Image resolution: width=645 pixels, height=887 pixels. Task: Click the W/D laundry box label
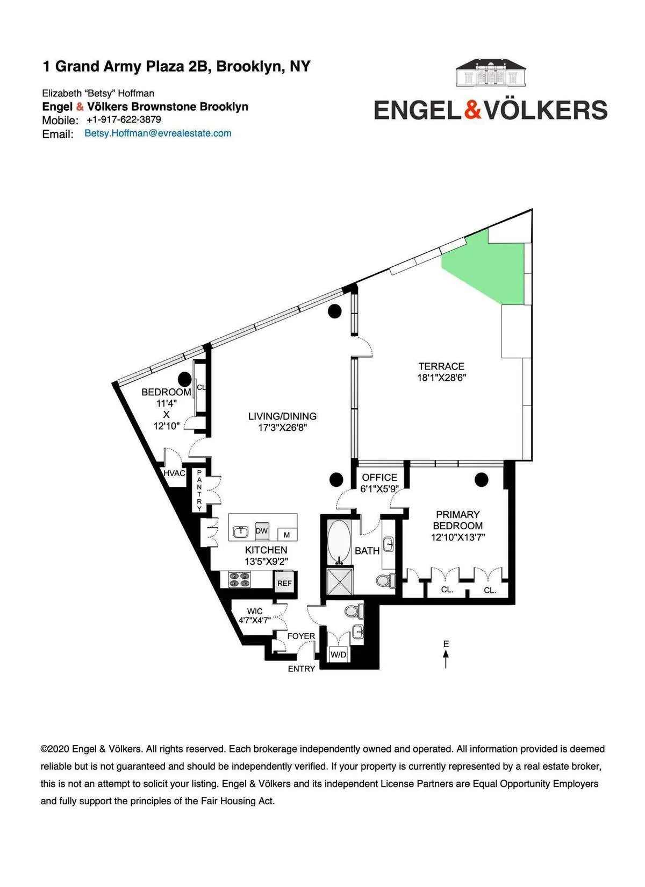(339, 655)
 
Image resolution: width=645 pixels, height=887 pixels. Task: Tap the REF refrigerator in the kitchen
(284, 583)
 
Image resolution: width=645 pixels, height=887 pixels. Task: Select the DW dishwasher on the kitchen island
(262, 531)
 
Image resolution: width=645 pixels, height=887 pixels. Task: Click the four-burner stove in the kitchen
(240, 580)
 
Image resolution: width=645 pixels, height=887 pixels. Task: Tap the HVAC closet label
(174, 473)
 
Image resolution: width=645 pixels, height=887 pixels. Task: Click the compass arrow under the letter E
(446, 658)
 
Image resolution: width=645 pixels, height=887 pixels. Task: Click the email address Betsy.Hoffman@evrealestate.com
(158, 133)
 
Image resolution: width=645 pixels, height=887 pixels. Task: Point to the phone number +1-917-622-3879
(124, 119)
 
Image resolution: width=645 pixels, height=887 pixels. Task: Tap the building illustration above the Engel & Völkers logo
(491, 73)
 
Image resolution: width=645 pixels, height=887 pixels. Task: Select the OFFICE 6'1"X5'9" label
(379, 483)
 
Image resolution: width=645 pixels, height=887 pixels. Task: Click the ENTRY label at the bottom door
(302, 669)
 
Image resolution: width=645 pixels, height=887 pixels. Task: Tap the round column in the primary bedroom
(481, 479)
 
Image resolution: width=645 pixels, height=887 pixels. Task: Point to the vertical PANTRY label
(199, 490)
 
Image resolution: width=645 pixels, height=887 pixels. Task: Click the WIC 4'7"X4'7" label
(255, 616)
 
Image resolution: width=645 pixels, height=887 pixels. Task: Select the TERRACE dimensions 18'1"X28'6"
(441, 378)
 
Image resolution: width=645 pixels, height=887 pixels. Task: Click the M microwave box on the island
(286, 535)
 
